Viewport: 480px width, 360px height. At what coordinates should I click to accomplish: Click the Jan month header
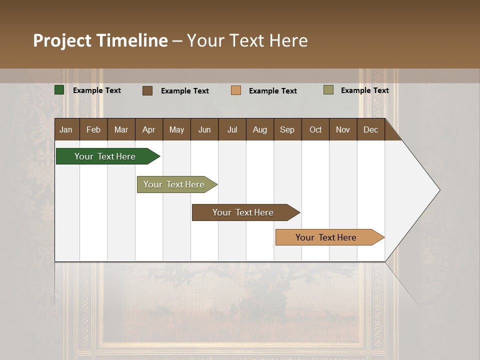click(x=66, y=129)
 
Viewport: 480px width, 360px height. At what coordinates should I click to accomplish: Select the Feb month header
click(x=93, y=129)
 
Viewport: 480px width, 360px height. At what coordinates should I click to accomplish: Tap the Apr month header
click(x=148, y=129)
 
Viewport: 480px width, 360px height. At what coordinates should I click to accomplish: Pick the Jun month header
click(x=204, y=129)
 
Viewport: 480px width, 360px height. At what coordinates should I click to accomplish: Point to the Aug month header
click(x=259, y=129)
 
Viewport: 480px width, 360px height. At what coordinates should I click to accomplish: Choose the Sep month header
click(x=287, y=129)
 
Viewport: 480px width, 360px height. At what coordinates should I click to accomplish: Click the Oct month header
click(x=315, y=129)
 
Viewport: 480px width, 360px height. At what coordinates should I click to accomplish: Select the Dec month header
click(x=370, y=129)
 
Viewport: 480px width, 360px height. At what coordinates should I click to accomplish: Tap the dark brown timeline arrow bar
click(x=243, y=212)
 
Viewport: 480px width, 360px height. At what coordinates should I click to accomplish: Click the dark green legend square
click(x=59, y=90)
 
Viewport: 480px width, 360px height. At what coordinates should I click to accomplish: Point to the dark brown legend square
click(x=147, y=90)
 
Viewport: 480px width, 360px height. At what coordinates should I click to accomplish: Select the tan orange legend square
click(x=236, y=90)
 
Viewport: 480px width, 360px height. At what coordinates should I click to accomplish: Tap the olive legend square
click(x=328, y=90)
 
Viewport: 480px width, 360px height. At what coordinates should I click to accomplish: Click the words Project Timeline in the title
click(x=100, y=40)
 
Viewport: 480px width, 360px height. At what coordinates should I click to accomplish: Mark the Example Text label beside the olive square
click(x=364, y=90)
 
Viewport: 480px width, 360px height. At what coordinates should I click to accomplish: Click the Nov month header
click(x=343, y=129)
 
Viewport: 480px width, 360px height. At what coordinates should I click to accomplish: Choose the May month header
click(x=176, y=129)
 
